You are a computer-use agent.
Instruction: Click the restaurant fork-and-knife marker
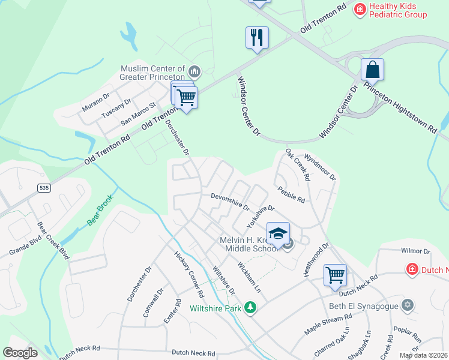click(257, 38)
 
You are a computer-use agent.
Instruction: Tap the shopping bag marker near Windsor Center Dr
click(372, 70)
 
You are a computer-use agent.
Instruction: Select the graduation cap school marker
click(278, 233)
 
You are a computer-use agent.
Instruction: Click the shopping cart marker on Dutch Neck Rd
click(335, 276)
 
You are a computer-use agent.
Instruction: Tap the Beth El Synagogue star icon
click(408, 305)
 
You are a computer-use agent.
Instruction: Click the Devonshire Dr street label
click(230, 202)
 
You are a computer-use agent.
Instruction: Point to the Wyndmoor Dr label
click(321, 167)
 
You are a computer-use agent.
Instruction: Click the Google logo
click(20, 353)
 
